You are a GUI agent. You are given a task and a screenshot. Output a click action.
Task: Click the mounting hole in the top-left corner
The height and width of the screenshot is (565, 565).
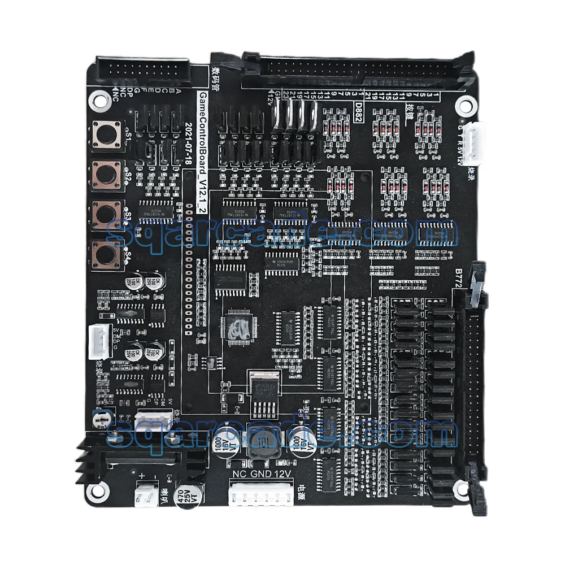[101, 100]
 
